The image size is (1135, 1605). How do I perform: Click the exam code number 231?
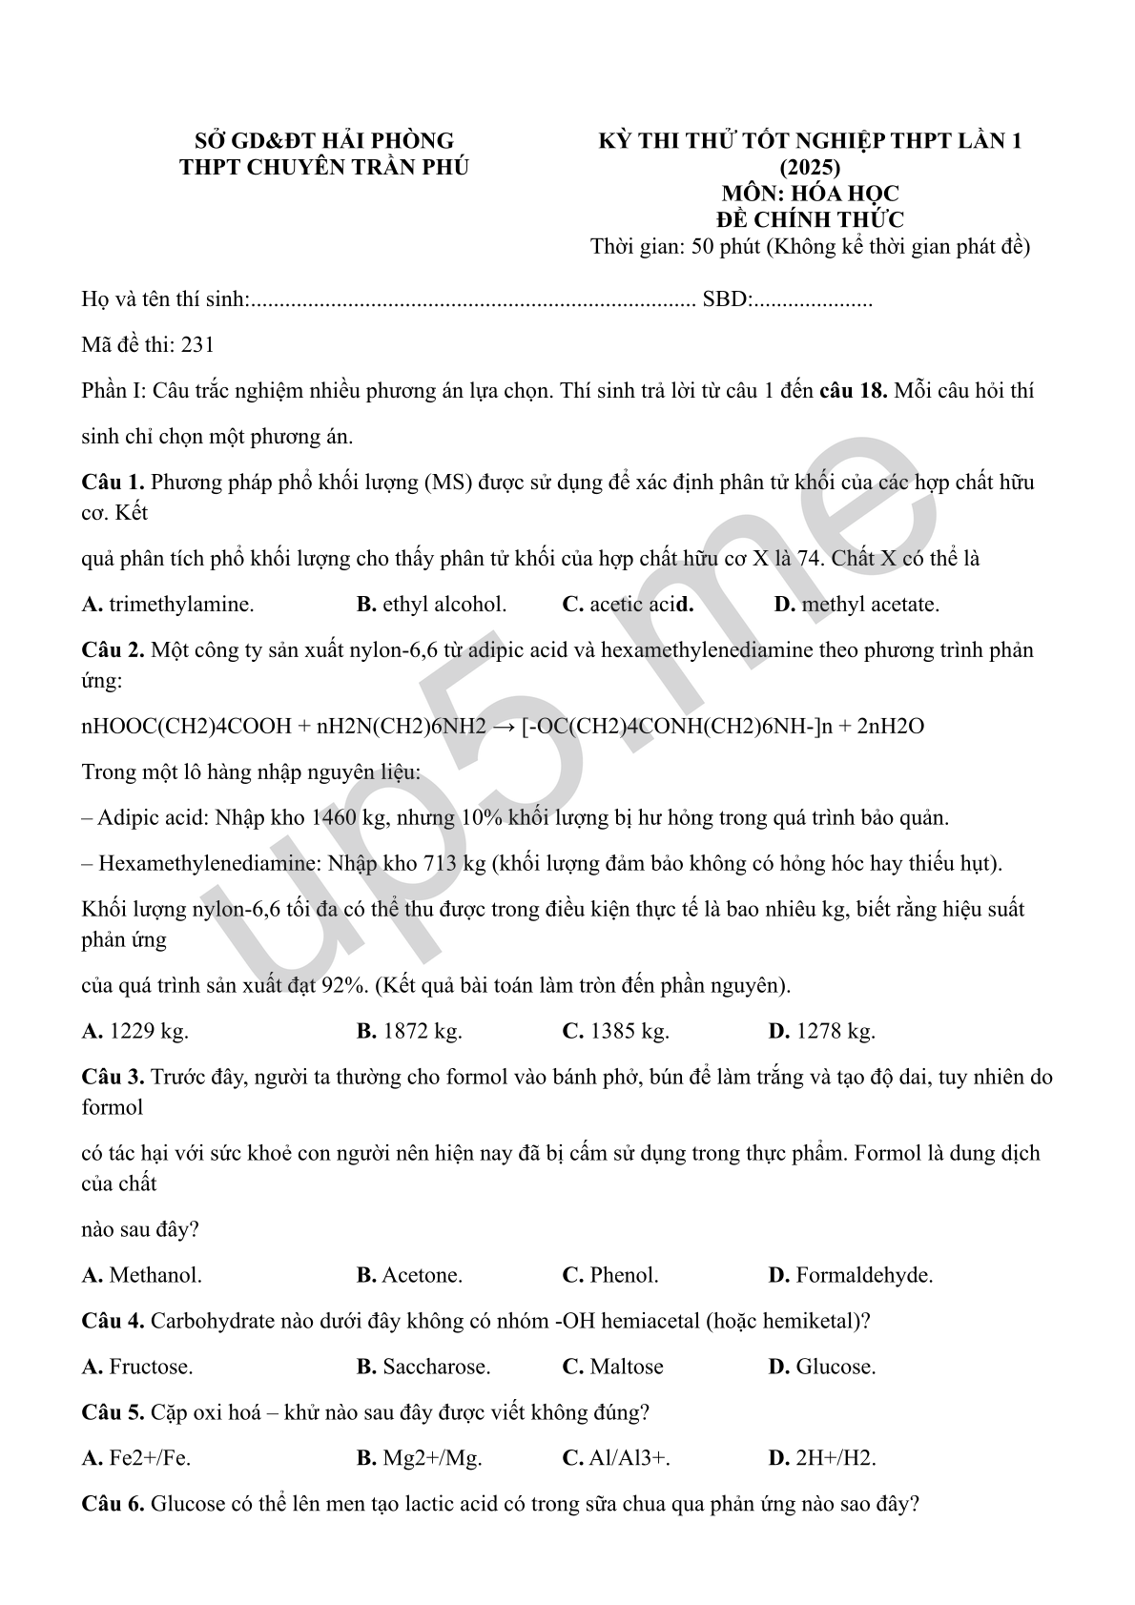(x=197, y=345)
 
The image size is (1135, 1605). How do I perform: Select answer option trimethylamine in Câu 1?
(x=180, y=605)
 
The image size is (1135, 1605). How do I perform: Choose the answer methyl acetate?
(x=870, y=605)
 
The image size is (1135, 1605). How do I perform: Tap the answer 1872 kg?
(x=422, y=1031)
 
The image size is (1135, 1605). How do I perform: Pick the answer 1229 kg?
(x=149, y=1031)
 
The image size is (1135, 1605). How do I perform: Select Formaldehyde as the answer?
(x=864, y=1275)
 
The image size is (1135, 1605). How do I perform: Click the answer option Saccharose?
(x=436, y=1367)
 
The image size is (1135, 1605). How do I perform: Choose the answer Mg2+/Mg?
(x=432, y=1458)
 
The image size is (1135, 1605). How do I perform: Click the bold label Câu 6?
(x=113, y=1504)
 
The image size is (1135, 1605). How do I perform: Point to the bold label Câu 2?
(x=113, y=650)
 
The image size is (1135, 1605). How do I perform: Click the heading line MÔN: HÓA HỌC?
(x=810, y=194)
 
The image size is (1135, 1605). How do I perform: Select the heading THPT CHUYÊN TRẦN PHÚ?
(x=324, y=167)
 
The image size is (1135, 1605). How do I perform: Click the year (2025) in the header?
(x=810, y=167)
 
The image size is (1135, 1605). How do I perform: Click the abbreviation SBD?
(x=725, y=299)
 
